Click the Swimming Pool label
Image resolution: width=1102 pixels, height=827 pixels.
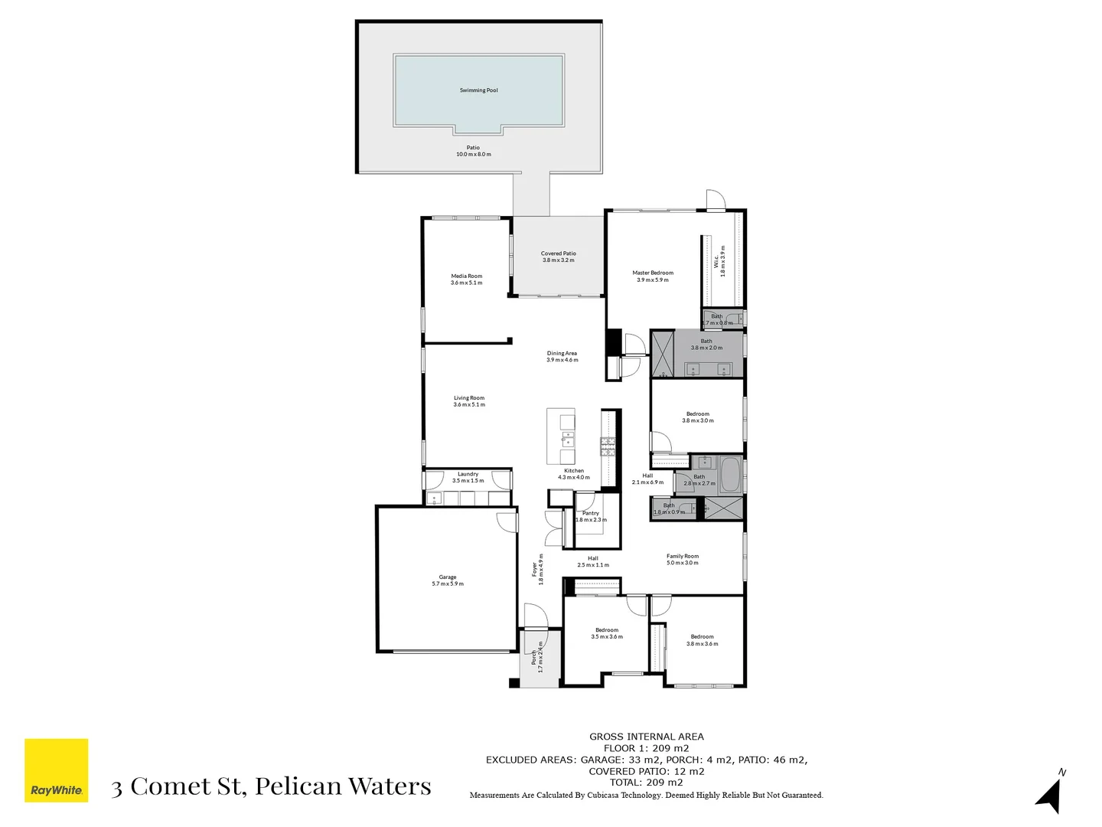[x=478, y=90]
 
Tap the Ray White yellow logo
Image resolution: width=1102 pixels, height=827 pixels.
[x=57, y=770]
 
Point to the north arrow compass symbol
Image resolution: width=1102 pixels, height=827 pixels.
[x=1050, y=794]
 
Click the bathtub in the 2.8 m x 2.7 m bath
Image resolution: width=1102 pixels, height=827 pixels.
[x=729, y=475]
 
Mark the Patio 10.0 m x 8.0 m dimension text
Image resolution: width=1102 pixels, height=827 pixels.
[x=474, y=155]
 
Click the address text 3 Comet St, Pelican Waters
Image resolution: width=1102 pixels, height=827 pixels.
[x=271, y=786]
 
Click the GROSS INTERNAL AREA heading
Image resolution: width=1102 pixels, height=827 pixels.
[x=646, y=737]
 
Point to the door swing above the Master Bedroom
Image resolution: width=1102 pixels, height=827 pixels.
[x=715, y=200]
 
